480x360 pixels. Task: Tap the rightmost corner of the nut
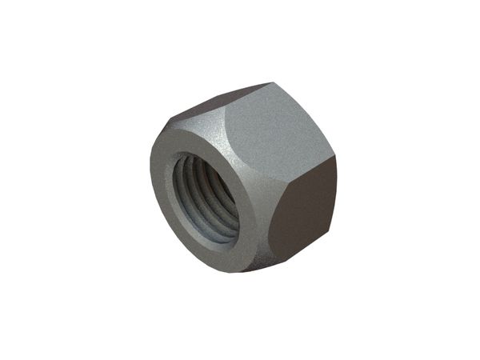(x=337, y=157)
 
